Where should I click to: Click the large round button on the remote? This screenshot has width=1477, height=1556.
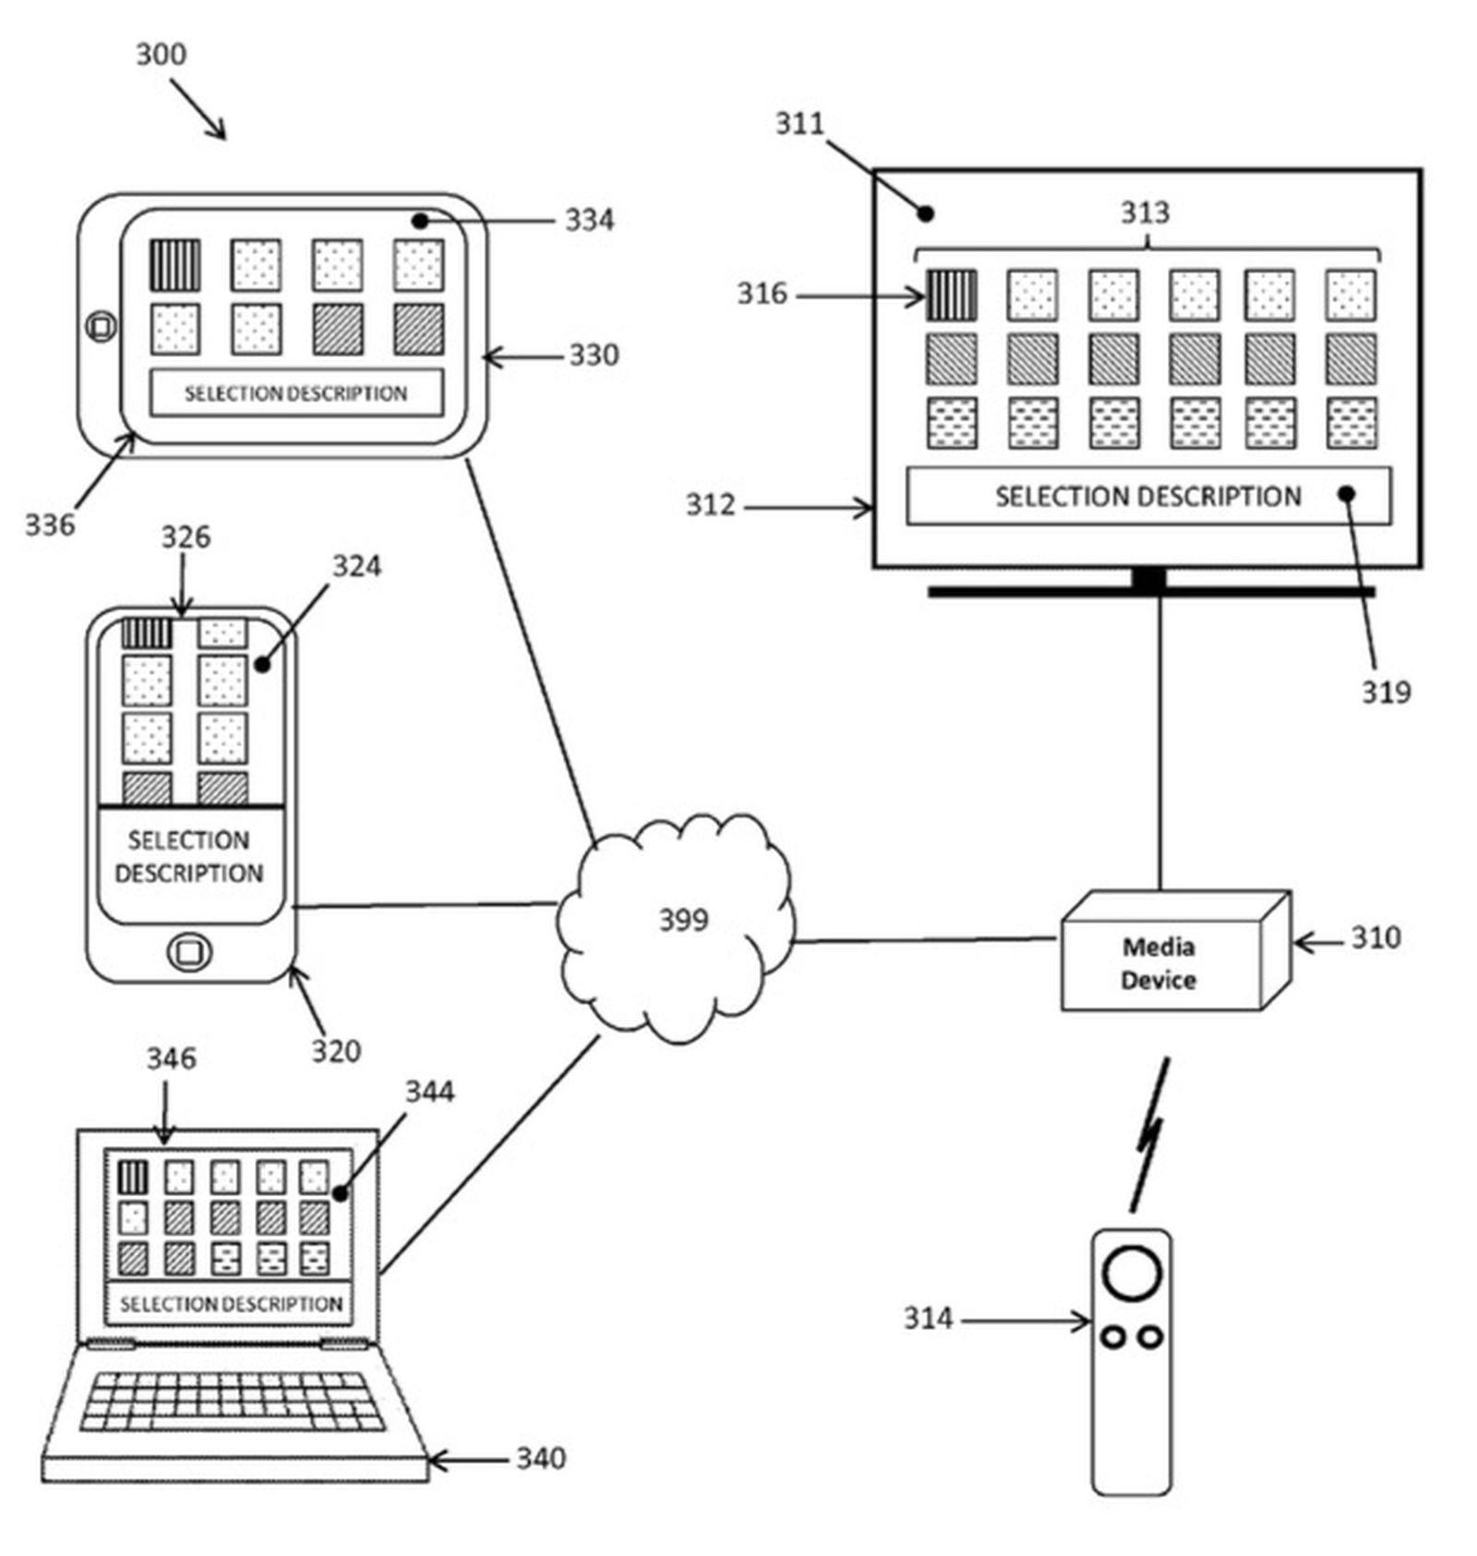coord(1131,1273)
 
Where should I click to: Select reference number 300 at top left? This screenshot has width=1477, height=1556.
coord(162,54)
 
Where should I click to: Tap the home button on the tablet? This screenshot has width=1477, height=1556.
coord(101,326)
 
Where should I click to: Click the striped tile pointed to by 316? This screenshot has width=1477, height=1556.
coord(951,296)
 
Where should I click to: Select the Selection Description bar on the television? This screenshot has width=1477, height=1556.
coord(1147,496)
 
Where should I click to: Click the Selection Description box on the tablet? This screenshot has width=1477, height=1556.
coord(295,393)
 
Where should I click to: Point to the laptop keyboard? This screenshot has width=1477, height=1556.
coord(231,1401)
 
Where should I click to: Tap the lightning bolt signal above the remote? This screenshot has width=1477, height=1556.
coord(1150,1136)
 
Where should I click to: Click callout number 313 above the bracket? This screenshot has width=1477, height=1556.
coord(1145,213)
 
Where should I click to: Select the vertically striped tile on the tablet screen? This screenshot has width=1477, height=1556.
coord(174,264)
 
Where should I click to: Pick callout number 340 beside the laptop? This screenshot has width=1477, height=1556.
coord(540,1458)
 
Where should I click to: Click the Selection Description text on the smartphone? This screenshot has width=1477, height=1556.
coord(189,857)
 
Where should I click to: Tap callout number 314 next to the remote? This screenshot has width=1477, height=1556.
coord(927,1318)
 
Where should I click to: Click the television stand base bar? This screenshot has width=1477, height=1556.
coord(1150,592)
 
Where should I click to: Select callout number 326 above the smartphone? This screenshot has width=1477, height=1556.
coord(186,537)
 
